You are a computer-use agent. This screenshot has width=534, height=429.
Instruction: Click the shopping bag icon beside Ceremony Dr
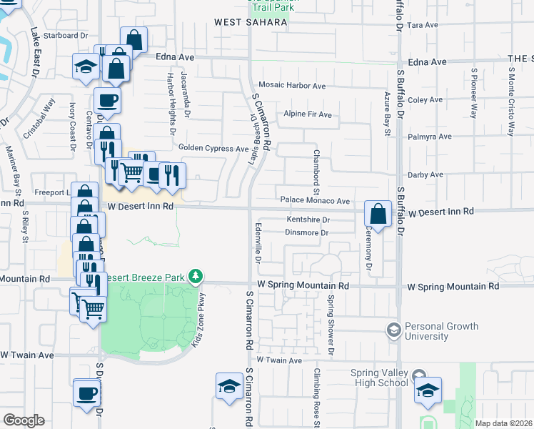coord(378,213)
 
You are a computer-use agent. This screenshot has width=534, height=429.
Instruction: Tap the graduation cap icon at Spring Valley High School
coord(428,390)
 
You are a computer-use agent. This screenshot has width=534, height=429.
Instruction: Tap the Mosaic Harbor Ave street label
coord(292,86)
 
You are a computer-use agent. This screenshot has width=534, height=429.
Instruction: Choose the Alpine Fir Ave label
coord(308,114)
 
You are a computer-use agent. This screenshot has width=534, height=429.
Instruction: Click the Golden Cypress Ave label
coord(213,149)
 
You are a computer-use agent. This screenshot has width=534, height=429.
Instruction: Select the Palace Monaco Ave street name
coord(314,202)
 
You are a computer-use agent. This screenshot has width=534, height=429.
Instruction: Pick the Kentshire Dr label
coord(308,220)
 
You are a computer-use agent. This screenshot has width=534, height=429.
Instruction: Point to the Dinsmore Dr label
coord(306,232)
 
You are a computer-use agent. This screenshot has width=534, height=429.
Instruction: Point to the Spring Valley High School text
coord(379,378)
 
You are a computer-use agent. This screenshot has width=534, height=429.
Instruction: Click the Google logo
coord(24,420)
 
